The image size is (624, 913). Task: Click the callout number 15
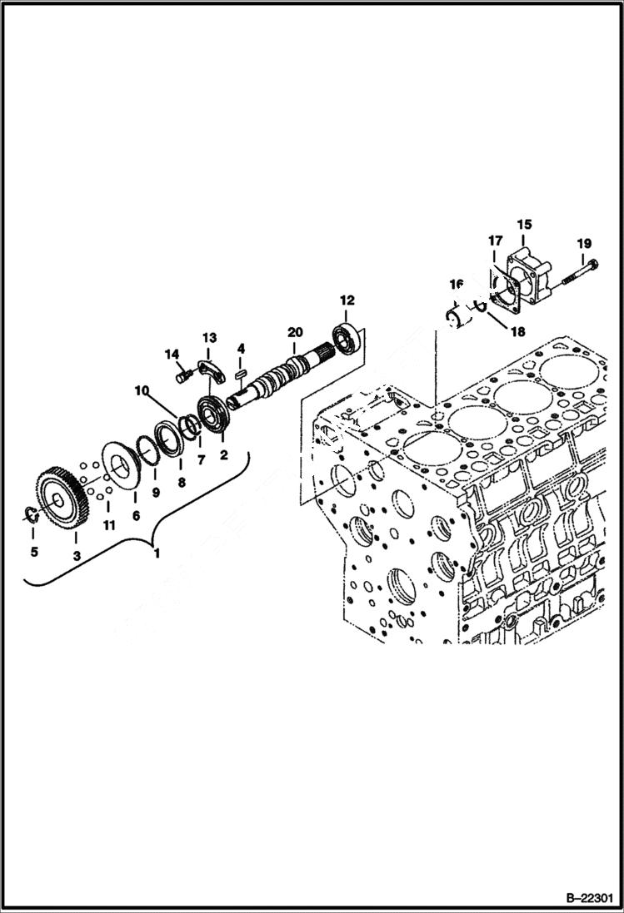tap(524, 224)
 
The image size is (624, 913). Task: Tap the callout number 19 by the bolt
tap(583, 244)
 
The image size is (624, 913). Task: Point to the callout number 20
tap(293, 332)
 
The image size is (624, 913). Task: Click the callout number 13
tap(208, 338)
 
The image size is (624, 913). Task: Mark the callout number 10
tap(142, 390)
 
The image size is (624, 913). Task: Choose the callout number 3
tap(76, 555)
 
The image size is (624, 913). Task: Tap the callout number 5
tap(33, 551)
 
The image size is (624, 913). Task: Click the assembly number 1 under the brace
tap(155, 550)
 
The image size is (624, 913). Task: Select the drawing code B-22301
tap(577, 898)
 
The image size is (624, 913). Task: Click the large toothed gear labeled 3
tap(59, 499)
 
